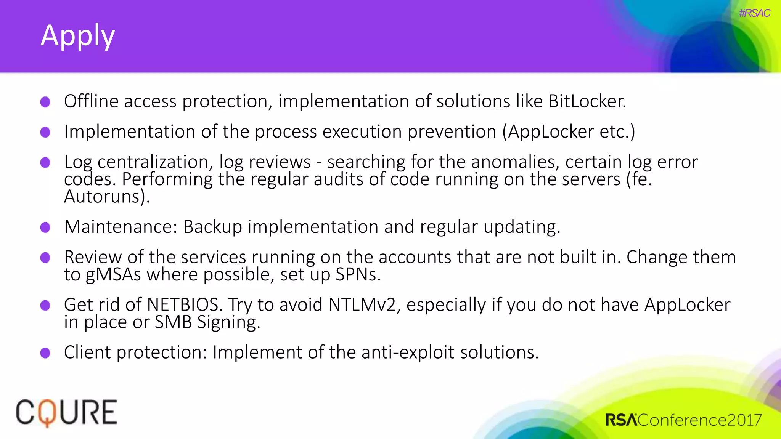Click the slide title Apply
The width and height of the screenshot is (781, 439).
[x=78, y=36]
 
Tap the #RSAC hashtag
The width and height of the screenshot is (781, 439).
[x=754, y=13]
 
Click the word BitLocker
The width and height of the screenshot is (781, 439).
[x=587, y=101]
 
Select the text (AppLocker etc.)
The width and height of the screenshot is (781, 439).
[x=569, y=132]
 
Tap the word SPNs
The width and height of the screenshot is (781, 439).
[x=358, y=274]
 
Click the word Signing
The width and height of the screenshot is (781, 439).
[x=228, y=322]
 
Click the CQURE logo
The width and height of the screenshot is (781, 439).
[x=66, y=413]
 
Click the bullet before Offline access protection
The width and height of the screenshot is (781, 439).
[x=45, y=102]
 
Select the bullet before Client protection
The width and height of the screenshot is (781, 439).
[x=45, y=352]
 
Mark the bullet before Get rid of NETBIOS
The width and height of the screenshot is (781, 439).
[x=45, y=305]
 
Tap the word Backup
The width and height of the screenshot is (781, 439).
[x=212, y=227]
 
